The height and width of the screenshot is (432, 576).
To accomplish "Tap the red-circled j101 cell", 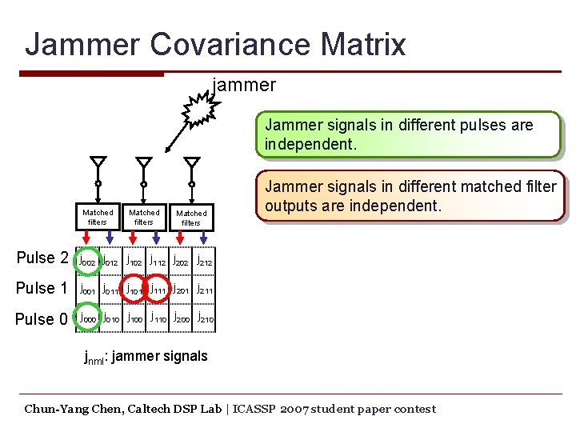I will [133, 289].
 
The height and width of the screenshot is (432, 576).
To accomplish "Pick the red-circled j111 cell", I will [157, 289].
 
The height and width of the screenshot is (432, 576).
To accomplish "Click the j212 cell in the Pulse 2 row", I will [205, 259].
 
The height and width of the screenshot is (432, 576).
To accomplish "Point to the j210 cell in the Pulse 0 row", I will [205, 318].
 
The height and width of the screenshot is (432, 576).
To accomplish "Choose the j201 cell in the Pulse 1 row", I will [181, 289].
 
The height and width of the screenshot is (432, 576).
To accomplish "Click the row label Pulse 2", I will [42, 258].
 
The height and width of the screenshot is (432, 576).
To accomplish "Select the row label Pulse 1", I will [42, 288].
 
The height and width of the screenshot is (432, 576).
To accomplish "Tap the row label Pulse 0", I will [42, 318].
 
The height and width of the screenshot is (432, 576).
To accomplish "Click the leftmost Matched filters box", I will [98, 218].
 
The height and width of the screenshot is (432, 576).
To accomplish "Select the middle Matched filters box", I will [144, 218].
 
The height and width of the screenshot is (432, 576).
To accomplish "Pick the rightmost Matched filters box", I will [191, 218].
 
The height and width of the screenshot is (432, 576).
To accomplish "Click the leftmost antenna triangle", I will [97, 162].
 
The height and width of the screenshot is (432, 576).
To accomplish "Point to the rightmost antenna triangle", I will [191, 162].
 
